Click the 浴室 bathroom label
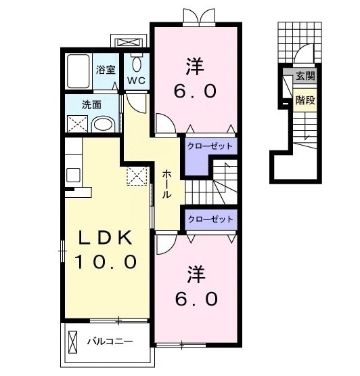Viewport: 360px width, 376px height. (106, 70)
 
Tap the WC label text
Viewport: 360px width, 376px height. (136, 81)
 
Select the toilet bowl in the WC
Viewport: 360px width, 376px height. (137, 64)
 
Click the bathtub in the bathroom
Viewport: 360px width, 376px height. (78, 71)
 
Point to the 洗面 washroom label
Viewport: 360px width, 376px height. (91, 105)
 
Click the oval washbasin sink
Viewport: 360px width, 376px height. (104, 125)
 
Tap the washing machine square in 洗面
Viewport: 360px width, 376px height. (77, 124)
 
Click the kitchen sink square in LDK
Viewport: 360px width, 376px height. (73, 175)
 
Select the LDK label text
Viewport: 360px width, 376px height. (106, 237)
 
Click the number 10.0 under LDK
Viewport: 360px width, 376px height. (106, 262)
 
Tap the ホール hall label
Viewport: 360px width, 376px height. (166, 184)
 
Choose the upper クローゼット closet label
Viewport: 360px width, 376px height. (210, 146)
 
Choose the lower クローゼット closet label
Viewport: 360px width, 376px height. (210, 219)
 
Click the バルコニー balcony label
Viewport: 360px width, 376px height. (110, 341)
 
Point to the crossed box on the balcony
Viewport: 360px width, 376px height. (73, 341)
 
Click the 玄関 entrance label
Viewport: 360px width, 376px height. (305, 76)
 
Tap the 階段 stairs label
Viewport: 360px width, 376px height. (305, 100)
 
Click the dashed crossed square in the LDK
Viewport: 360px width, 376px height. (137, 175)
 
